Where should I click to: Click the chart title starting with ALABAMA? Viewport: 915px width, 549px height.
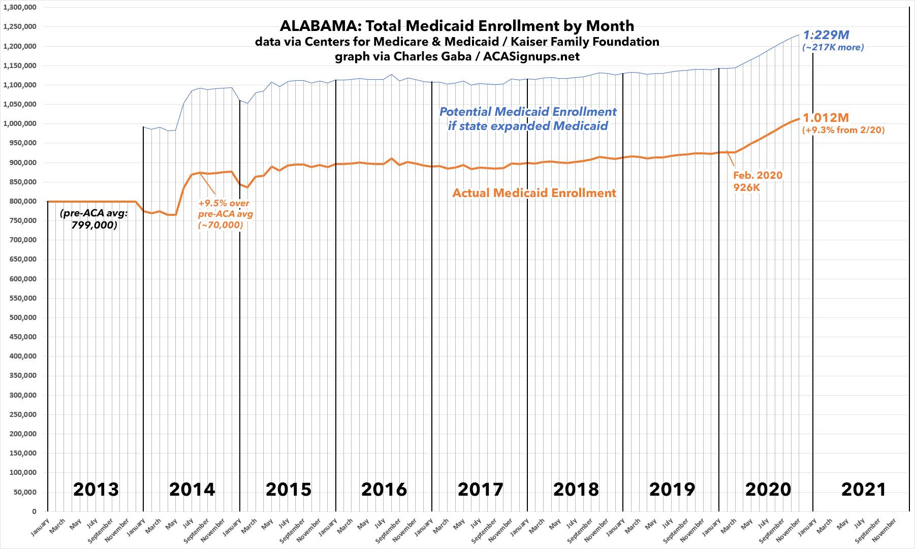457,26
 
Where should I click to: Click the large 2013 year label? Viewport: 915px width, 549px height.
96,490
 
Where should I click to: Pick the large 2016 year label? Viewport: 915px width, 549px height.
384,490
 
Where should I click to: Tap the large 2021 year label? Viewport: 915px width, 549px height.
864,490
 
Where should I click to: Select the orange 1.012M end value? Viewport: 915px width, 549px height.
826,118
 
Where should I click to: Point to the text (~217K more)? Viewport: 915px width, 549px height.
833,48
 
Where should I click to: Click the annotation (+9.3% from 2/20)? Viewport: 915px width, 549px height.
843,131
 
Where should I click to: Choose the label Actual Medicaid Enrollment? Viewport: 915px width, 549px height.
534,193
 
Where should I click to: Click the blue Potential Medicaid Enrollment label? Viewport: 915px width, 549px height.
528,118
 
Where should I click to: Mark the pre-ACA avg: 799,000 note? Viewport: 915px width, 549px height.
93,219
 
